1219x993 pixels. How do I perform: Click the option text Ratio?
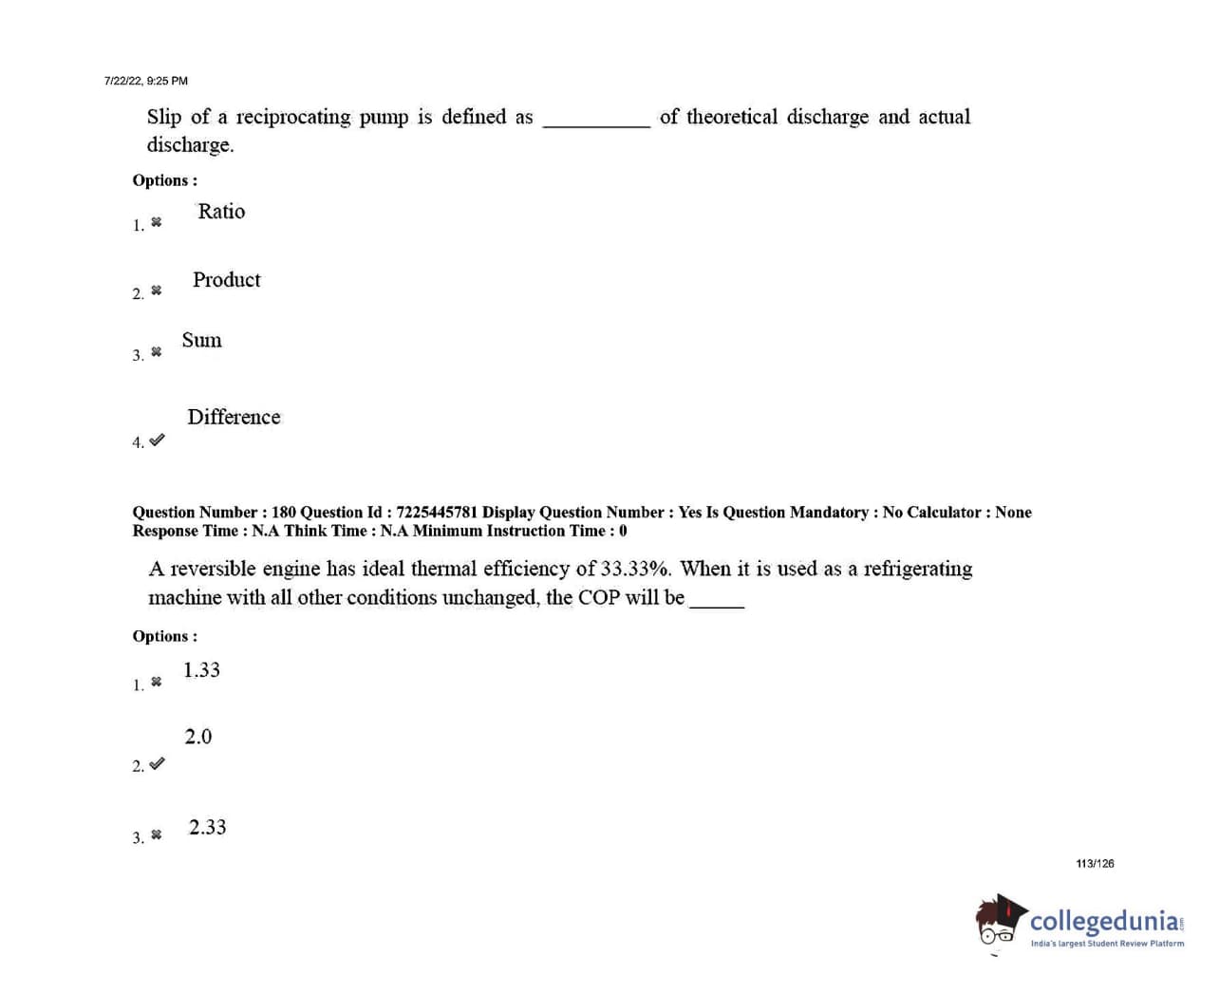221,212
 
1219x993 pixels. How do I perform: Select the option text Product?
226,280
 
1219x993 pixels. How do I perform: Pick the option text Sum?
201,341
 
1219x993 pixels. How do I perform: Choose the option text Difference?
234,418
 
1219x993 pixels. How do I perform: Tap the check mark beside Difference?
157,440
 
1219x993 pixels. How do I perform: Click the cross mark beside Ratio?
157,222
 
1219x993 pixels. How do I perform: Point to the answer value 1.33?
201,670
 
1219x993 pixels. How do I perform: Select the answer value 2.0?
197,737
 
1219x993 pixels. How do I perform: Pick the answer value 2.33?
207,828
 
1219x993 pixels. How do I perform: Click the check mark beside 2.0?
157,763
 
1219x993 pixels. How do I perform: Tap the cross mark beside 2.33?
157,835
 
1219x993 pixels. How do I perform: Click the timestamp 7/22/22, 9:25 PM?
146,82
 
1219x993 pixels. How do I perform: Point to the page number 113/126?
1095,864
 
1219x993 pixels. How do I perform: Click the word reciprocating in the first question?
292,117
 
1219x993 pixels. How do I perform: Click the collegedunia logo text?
1106,921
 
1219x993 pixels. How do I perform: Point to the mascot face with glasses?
997,925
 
